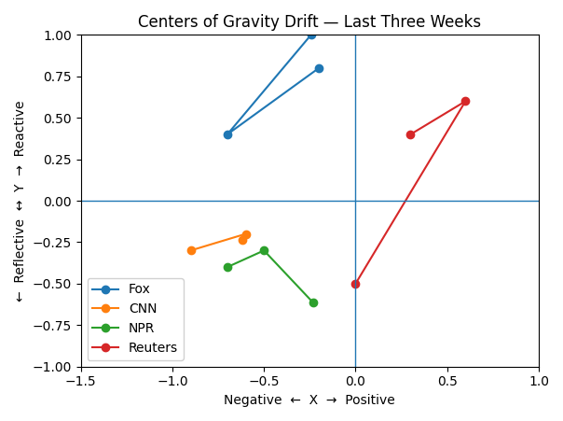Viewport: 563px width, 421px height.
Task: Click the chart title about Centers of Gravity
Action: click(x=309, y=21)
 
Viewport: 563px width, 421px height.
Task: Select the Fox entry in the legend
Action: click(x=139, y=289)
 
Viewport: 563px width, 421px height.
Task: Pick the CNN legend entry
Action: click(x=143, y=308)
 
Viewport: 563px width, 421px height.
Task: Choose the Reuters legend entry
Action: click(x=153, y=347)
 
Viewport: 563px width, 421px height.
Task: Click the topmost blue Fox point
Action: click(x=311, y=35)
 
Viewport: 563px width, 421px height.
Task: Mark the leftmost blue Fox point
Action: click(x=227, y=134)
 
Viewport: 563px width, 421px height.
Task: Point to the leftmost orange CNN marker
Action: click(x=191, y=250)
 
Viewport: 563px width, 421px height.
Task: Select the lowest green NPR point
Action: click(x=313, y=302)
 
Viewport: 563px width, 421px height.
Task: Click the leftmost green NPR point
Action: click(x=227, y=267)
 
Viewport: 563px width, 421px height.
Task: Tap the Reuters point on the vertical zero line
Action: click(x=355, y=284)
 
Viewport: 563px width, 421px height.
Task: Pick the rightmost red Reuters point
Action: click(x=465, y=101)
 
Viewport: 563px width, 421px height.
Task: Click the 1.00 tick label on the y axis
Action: click(x=59, y=35)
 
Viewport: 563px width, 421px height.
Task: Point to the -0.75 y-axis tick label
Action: click(x=55, y=326)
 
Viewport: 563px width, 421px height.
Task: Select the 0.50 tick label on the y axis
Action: click(x=59, y=119)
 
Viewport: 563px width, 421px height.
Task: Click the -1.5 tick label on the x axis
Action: click(x=81, y=381)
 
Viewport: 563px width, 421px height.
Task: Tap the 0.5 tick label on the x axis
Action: click(x=446, y=381)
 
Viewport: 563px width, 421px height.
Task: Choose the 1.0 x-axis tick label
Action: click(x=538, y=381)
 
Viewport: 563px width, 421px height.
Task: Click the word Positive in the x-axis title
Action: click(x=369, y=400)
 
